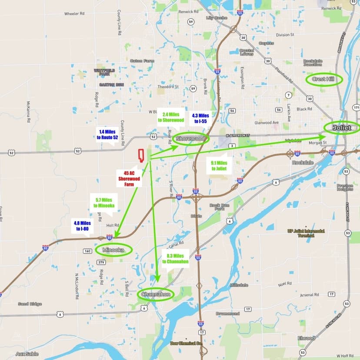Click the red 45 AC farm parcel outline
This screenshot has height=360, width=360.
(141, 156)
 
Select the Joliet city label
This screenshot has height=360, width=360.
(342, 128)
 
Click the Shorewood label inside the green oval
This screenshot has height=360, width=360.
(190, 139)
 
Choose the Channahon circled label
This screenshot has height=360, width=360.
(156, 294)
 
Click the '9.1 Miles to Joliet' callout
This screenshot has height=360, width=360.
(219, 166)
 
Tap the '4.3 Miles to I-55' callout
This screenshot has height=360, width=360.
(200, 118)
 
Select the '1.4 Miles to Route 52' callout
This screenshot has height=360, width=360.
(108, 134)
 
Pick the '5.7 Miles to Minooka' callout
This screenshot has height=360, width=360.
(104, 203)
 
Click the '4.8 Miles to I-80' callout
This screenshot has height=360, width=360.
(82, 226)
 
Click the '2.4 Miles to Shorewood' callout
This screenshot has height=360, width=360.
(171, 117)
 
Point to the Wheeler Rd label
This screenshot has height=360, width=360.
(74, 14)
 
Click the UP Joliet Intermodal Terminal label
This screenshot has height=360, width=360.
(306, 233)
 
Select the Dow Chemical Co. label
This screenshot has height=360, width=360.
(187, 343)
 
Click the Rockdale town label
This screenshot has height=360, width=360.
(300, 162)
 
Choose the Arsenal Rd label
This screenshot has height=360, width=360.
(309, 295)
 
